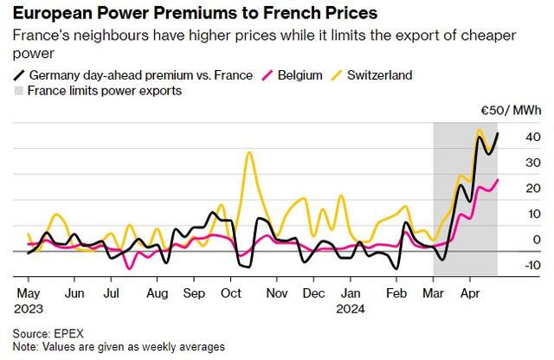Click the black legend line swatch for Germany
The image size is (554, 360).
coord(21,75)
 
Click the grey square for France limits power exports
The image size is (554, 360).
coord(21,91)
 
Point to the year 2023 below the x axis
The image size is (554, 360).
coord(30,307)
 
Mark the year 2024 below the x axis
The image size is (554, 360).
coord(351,307)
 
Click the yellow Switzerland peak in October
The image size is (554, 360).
coord(249,152)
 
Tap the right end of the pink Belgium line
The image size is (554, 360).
coord(498,179)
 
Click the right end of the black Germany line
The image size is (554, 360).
coord(498,133)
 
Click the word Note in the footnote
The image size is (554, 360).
coord(27,346)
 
